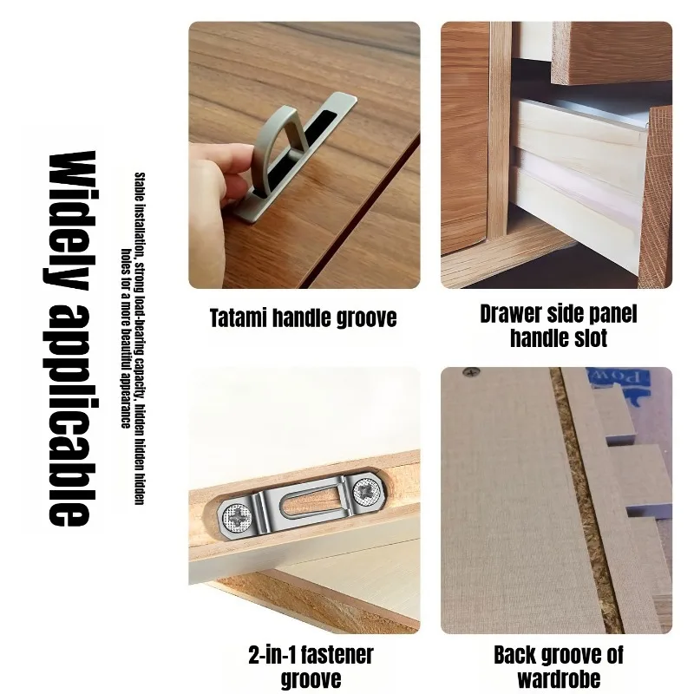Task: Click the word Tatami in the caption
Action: coord(238,318)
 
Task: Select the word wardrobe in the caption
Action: coord(559,678)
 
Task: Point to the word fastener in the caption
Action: coord(337,655)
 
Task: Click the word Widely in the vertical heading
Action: coord(71,220)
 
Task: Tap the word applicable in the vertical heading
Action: coord(71,415)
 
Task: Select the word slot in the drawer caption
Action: coord(590,338)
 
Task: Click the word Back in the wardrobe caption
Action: coord(513,655)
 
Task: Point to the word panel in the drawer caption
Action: coord(614,314)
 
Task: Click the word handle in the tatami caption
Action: coord(302,318)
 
